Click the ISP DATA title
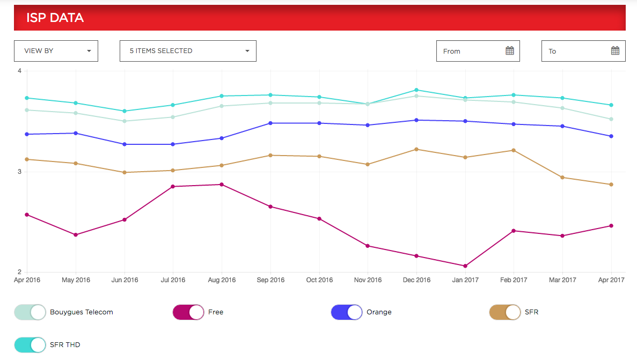pyautogui.click(x=55, y=18)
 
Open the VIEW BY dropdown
pyautogui.click(x=56, y=51)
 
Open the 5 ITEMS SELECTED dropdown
pyautogui.click(x=188, y=51)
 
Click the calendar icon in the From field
pyautogui.click(x=510, y=51)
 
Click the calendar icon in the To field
pyautogui.click(x=615, y=51)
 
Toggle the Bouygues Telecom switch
pyautogui.click(x=30, y=312)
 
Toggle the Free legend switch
pyautogui.click(x=188, y=312)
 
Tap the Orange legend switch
pyautogui.click(x=347, y=312)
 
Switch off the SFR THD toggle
pyautogui.click(x=30, y=344)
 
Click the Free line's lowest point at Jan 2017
pyautogui.click(x=465, y=266)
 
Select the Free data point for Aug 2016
pyautogui.click(x=222, y=185)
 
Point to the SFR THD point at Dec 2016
pyautogui.click(x=416, y=90)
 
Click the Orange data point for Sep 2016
pyautogui.click(x=270, y=123)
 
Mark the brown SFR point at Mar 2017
pyautogui.click(x=562, y=178)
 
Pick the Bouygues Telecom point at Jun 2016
pyautogui.click(x=125, y=121)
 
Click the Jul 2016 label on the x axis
pyautogui.click(x=173, y=280)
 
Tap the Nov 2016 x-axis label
pyautogui.click(x=368, y=280)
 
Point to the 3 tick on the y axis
pyautogui.click(x=19, y=172)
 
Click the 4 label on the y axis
pyautogui.click(x=19, y=71)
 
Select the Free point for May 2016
pyautogui.click(x=76, y=235)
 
